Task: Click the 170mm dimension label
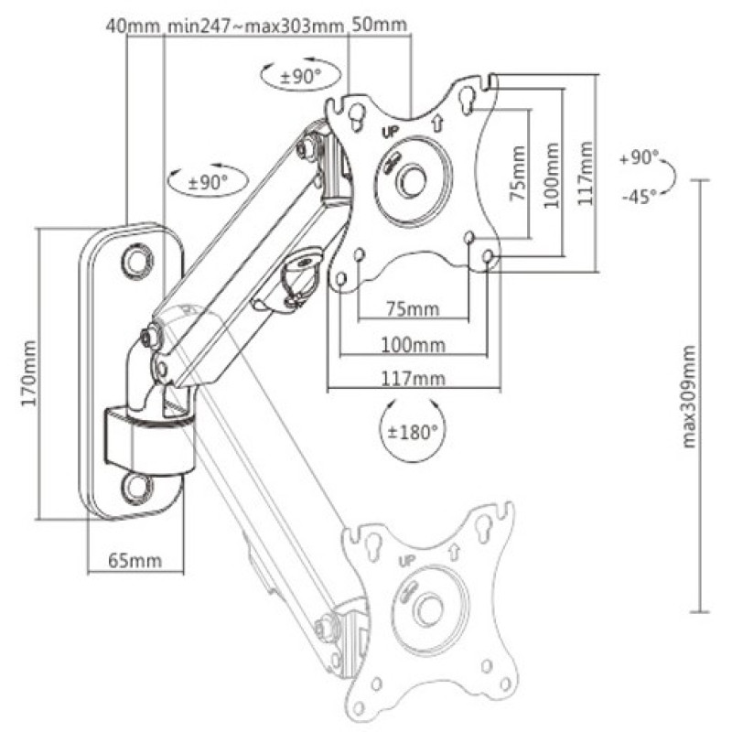pos(29,373)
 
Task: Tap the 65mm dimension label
pos(135,560)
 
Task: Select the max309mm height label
pos(689,396)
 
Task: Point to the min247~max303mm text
pos(255,26)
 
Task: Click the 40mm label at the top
pos(133,26)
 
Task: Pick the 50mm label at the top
pos(379,25)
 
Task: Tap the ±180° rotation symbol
pos(413,431)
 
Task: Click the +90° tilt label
pos(639,157)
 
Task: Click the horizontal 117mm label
pos(414,378)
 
